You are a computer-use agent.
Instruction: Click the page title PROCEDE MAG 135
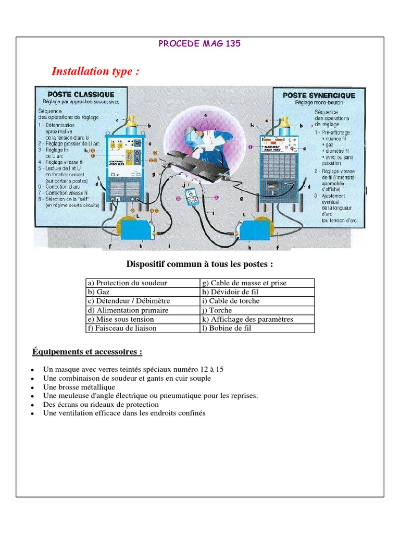199,44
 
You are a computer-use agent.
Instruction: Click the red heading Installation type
95,71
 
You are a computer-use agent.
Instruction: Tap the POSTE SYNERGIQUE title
319,95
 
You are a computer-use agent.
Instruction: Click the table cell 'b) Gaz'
143,292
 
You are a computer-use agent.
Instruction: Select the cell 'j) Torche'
257,310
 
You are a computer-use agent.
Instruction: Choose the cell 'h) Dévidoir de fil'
257,292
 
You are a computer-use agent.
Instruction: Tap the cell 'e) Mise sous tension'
143,319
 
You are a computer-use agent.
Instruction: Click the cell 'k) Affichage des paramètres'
257,319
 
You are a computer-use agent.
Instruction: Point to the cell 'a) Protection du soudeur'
143,283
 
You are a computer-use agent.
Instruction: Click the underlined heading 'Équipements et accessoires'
87,352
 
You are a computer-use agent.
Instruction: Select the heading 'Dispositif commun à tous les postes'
199,264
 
